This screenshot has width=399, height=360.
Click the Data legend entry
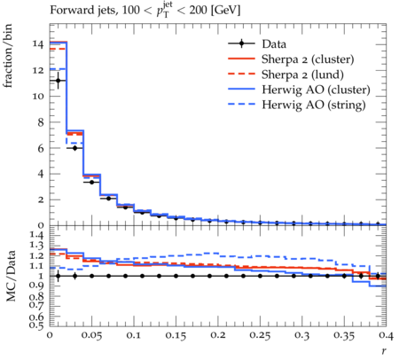[x=274, y=44]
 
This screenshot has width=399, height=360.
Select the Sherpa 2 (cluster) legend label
[x=308, y=59]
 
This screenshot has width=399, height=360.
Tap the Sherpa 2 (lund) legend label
[x=302, y=74]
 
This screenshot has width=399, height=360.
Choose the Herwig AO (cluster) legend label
[x=316, y=90]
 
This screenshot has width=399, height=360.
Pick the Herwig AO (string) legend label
[x=314, y=105]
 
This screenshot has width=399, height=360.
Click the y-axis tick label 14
[x=38, y=44]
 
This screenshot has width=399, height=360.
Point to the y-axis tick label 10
[x=38, y=96]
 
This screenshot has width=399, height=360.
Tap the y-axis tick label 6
[x=41, y=148]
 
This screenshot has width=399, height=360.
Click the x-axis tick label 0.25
[x=260, y=335]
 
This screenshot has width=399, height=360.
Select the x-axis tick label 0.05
[x=91, y=335]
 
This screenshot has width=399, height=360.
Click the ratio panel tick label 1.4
[x=36, y=235]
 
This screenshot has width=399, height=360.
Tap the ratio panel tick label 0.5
[x=36, y=325]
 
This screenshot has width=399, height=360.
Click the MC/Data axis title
[x=11, y=276]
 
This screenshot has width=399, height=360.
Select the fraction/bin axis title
[x=8, y=56]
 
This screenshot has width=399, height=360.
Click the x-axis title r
[x=384, y=351]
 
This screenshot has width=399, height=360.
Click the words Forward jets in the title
[x=83, y=11]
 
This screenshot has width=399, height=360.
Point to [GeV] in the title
[x=225, y=11]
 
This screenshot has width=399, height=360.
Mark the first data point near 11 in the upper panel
[x=59, y=81]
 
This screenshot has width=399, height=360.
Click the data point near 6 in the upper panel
[x=74, y=148]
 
